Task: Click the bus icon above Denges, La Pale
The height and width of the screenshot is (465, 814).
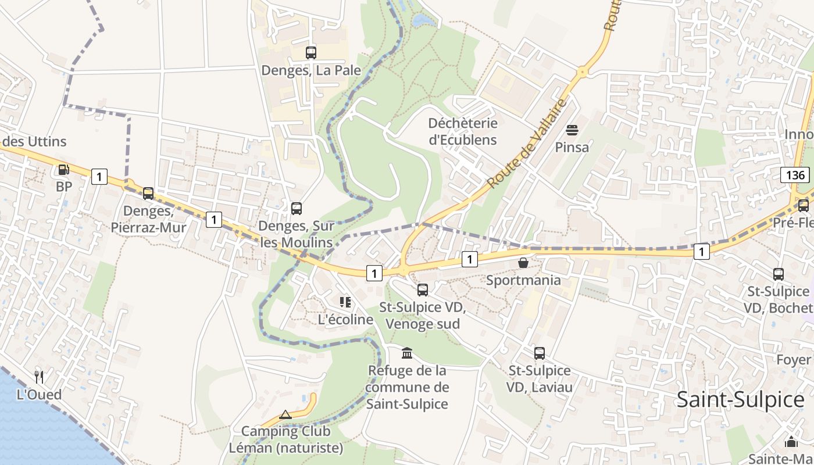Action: [311, 53]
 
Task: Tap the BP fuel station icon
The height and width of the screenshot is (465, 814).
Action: [63, 170]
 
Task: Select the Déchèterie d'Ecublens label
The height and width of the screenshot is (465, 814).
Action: [463, 131]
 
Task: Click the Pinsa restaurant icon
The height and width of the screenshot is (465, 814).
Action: [572, 130]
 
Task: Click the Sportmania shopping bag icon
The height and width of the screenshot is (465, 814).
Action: [523, 263]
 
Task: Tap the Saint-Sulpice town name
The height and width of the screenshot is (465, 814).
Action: [740, 400]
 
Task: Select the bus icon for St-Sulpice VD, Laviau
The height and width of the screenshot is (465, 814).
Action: [540, 353]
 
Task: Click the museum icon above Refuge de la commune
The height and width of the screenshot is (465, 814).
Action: [407, 353]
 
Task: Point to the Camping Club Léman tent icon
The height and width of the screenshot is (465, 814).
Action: [285, 414]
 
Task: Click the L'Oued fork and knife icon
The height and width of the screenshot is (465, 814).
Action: [39, 377]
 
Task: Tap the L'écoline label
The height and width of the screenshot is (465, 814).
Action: [345, 320]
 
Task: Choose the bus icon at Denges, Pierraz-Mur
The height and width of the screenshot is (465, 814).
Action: [148, 193]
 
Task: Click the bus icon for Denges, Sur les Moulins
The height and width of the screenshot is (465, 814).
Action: [297, 208]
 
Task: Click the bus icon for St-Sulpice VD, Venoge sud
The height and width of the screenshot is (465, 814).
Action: [423, 289]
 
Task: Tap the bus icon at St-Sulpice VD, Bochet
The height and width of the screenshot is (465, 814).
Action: [779, 274]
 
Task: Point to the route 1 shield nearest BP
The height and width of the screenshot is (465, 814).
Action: [99, 177]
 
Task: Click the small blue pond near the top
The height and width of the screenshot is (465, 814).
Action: [423, 21]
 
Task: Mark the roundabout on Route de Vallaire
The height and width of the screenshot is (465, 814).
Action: [582, 73]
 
